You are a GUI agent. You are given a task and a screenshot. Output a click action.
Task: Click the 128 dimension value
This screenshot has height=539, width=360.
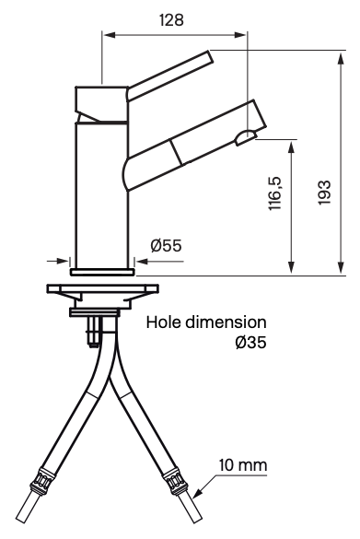click(172, 20)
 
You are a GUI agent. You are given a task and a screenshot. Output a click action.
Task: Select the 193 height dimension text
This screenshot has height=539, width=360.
click(324, 193)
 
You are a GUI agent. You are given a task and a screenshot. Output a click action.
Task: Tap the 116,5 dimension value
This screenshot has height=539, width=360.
click(275, 193)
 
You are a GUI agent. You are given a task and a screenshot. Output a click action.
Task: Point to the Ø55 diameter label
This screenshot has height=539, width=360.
click(167, 245)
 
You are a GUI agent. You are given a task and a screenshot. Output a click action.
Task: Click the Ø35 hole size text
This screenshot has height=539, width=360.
click(251, 343)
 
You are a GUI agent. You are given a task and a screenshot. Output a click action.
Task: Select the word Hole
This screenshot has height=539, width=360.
click(164, 322)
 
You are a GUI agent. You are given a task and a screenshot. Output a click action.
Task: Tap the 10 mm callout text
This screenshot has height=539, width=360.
click(243, 465)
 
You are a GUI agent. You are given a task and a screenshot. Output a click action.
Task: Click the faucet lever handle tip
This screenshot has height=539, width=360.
click(209, 57)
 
